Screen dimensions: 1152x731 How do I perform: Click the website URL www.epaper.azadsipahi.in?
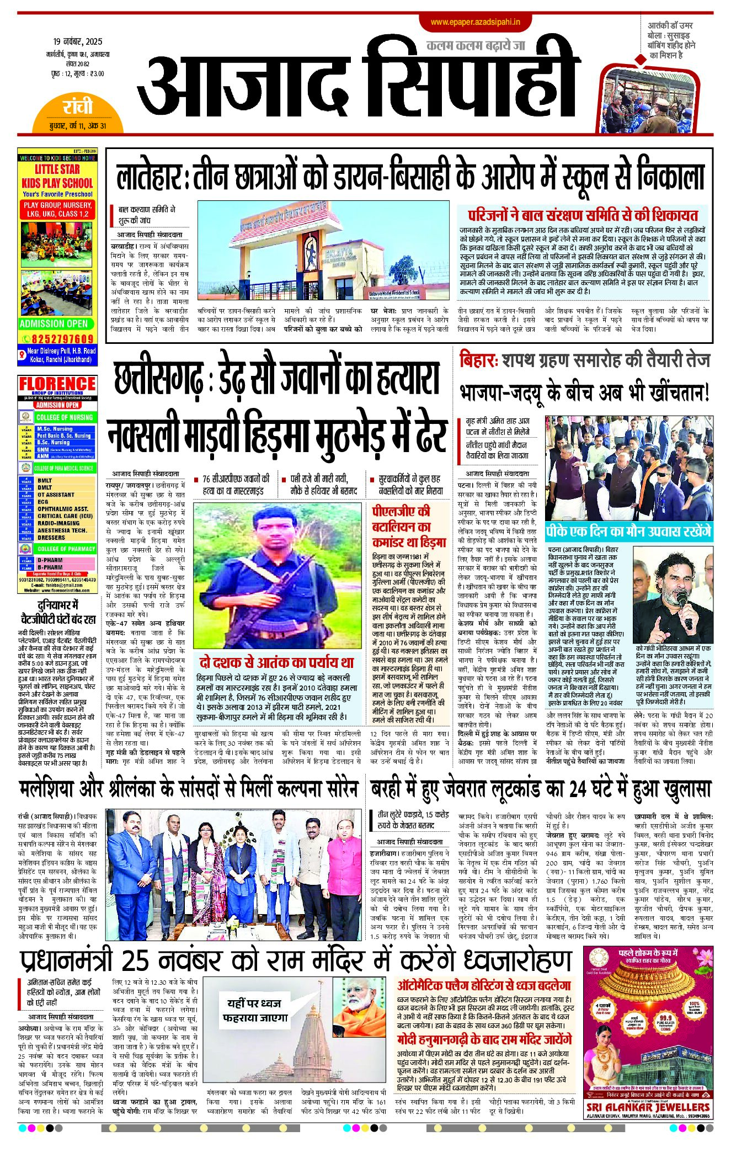pyautogui.click(x=476, y=22)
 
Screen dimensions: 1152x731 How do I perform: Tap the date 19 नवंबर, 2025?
pyautogui.click(x=78, y=42)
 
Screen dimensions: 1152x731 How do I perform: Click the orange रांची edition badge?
pyautogui.click(x=78, y=107)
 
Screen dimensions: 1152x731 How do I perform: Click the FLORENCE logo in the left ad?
pyautogui.click(x=57, y=384)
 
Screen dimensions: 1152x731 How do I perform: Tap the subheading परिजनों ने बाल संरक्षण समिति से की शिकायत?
pyautogui.click(x=583, y=215)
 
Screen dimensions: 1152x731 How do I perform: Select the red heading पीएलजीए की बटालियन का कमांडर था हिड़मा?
pyautogui.click(x=408, y=527)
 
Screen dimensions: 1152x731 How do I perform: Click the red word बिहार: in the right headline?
pyautogui.click(x=478, y=360)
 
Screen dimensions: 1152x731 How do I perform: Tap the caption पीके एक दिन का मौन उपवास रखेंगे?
pyautogui.click(x=628, y=532)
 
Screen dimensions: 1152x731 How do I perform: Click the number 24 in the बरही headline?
pyautogui.click(x=577, y=789)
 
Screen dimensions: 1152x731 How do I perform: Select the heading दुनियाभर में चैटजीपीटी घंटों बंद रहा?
pyautogui.click(x=58, y=612)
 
